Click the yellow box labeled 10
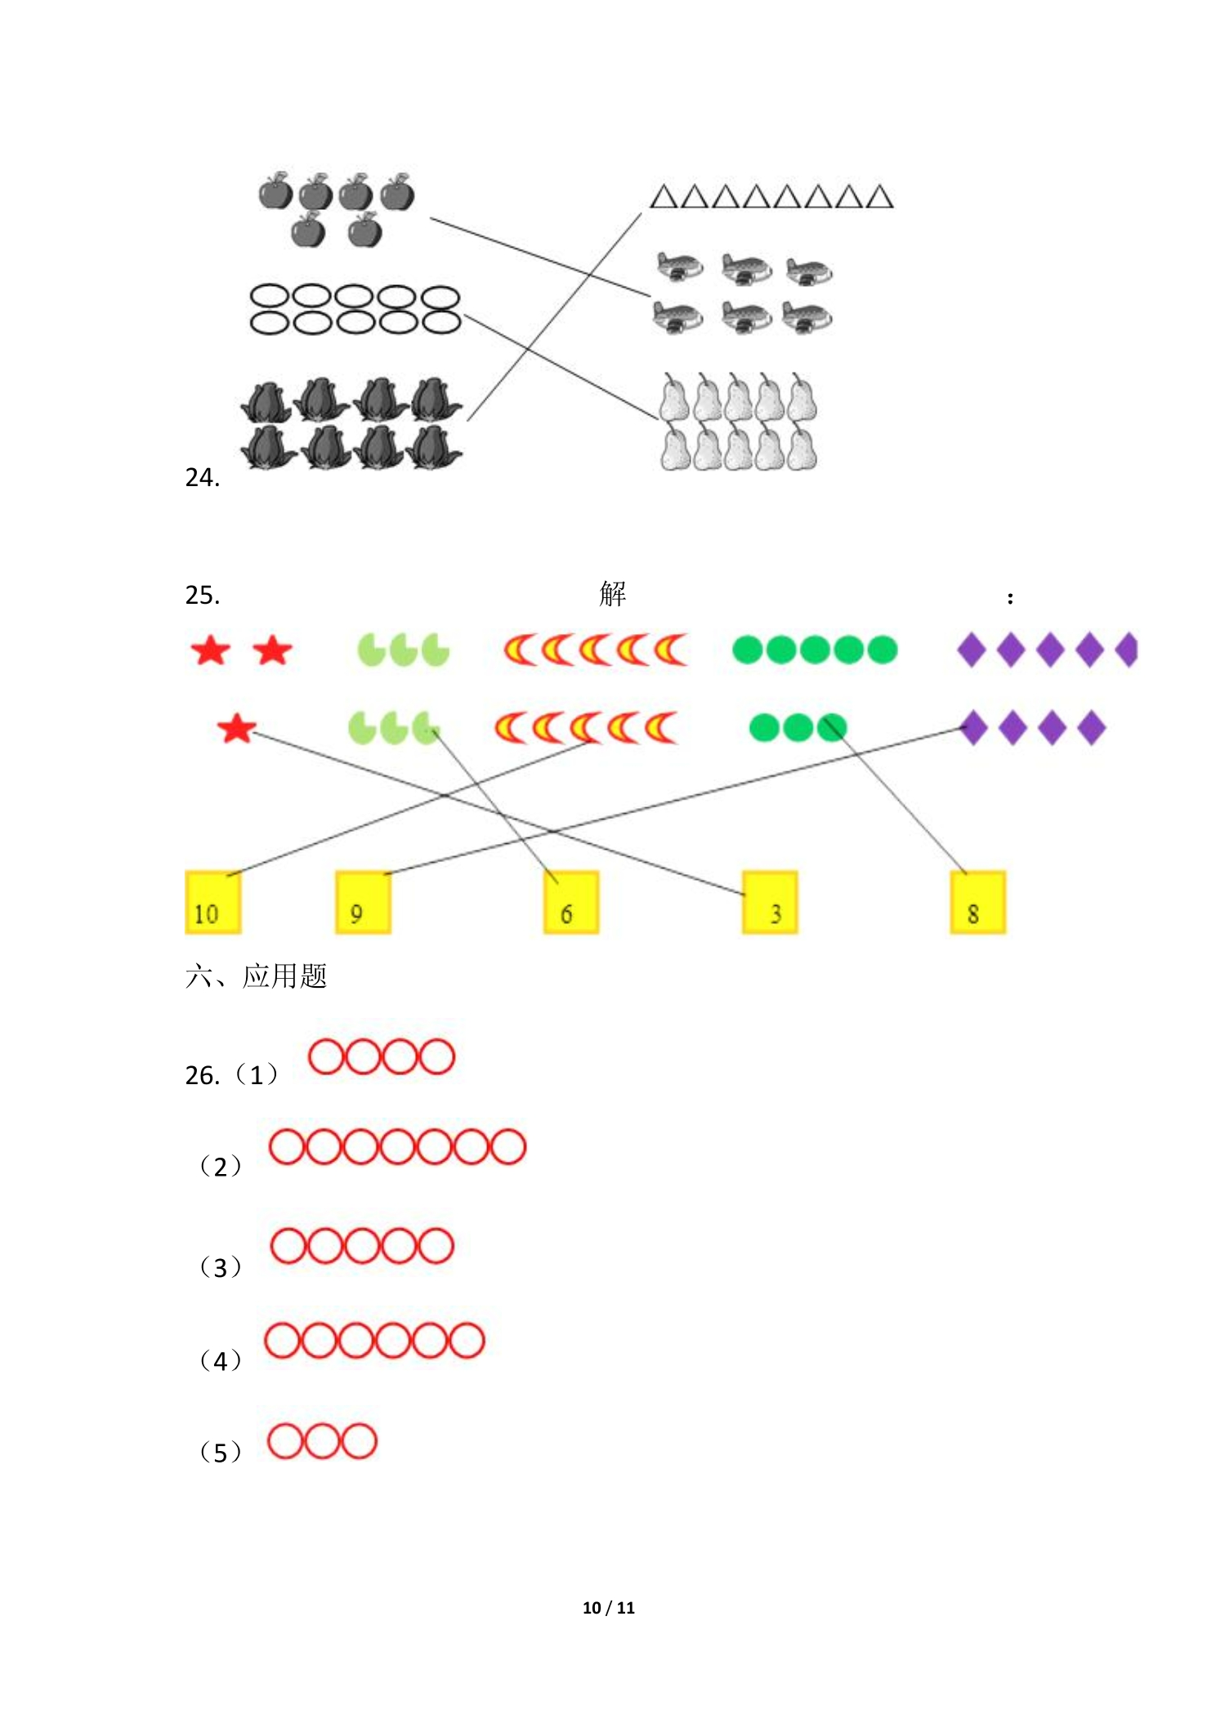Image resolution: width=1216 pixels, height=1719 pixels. (x=212, y=902)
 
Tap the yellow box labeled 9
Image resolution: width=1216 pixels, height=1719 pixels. (x=363, y=902)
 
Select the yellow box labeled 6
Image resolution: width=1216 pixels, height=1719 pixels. (x=571, y=902)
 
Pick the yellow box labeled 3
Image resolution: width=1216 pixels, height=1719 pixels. (x=770, y=902)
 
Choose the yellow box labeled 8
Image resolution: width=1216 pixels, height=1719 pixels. (x=977, y=902)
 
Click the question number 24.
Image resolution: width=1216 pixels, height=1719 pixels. (x=202, y=477)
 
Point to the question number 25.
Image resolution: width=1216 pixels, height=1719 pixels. (x=202, y=595)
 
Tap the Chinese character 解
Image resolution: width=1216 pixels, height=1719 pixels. (x=612, y=594)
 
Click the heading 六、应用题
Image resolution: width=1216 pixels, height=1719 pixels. (x=256, y=976)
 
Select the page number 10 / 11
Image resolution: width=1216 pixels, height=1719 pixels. (x=608, y=1607)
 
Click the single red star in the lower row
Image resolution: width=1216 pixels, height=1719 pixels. (x=237, y=728)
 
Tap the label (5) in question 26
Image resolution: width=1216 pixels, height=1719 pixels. (x=220, y=1452)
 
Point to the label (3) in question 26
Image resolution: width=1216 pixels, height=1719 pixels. (x=220, y=1266)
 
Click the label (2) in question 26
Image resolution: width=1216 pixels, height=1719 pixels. (x=220, y=1166)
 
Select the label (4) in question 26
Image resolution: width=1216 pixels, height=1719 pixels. (x=220, y=1360)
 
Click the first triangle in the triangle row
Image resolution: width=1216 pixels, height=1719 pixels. (x=663, y=198)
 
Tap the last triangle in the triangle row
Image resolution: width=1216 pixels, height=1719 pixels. (x=879, y=198)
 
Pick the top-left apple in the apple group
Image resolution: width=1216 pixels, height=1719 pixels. (x=275, y=192)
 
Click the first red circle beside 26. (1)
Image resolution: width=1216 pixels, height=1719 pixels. (x=326, y=1056)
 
